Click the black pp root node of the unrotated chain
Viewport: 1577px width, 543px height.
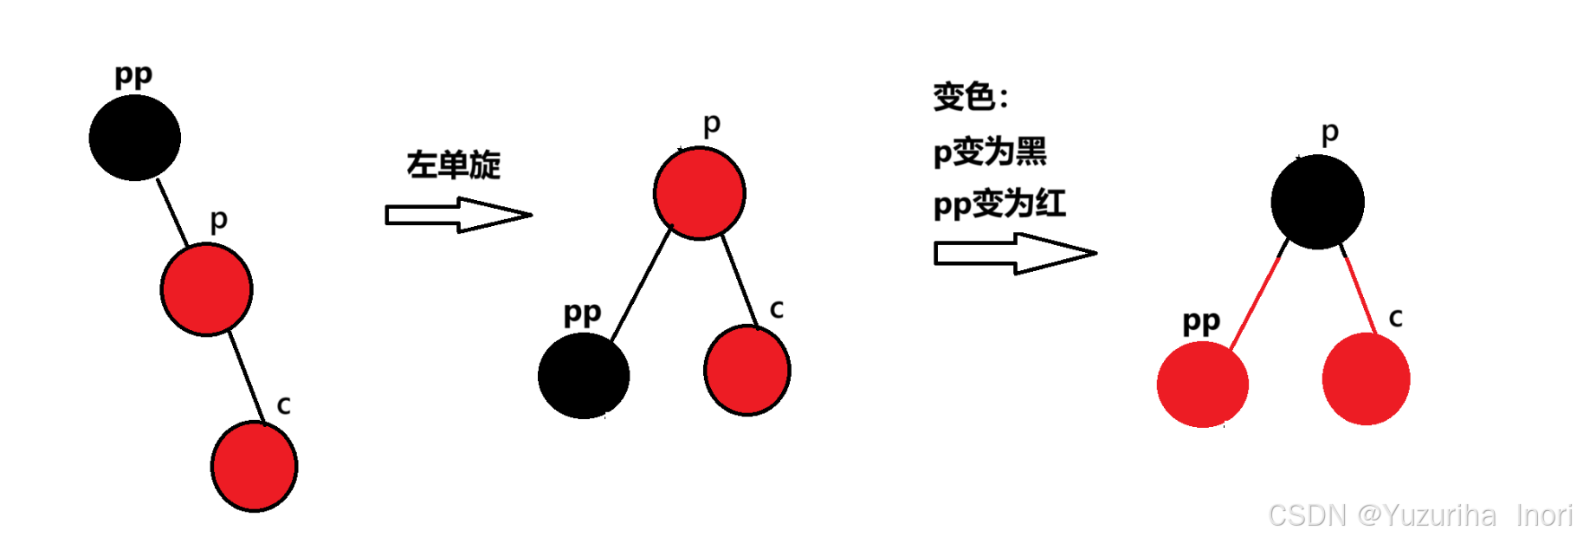[134, 138]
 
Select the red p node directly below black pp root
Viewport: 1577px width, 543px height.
[206, 289]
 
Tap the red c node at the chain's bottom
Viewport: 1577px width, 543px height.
[254, 466]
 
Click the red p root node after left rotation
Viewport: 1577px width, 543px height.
[699, 193]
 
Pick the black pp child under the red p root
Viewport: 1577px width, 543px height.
[583, 376]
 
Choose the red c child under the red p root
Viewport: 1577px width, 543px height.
[746, 370]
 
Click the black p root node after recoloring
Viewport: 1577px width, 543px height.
[1317, 202]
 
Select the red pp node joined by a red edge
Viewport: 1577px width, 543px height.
[1202, 385]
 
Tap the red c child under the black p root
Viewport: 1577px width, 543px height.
[1366, 379]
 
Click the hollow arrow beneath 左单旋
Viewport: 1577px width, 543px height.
[457, 215]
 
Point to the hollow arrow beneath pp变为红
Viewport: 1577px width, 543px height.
[1014, 254]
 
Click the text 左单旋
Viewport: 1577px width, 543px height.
[454, 165]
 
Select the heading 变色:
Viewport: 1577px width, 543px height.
[970, 96]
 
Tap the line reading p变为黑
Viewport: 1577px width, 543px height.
[989, 152]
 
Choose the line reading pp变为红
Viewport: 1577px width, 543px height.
[999, 204]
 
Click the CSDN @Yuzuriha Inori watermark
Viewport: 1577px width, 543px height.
[1419, 515]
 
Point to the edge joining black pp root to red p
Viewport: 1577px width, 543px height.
[171, 212]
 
